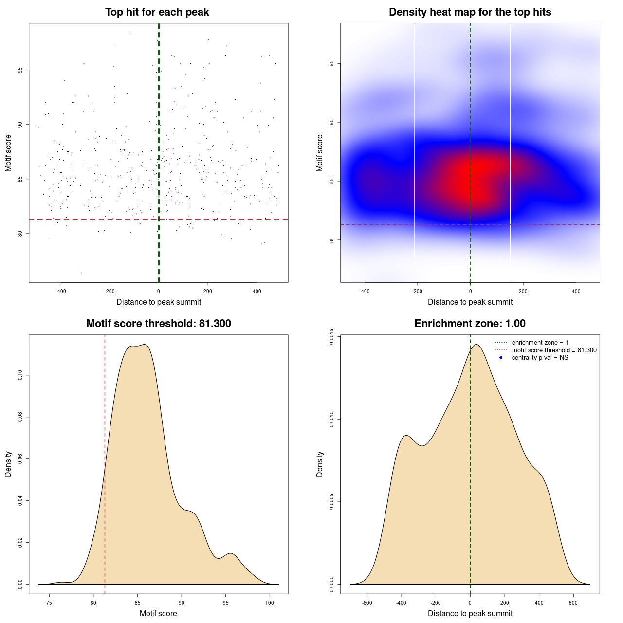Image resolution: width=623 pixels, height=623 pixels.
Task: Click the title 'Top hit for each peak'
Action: tap(157, 12)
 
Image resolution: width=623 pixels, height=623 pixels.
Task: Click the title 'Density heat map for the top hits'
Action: tap(470, 12)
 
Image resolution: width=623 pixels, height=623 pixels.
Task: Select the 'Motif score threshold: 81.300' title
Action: tap(158, 324)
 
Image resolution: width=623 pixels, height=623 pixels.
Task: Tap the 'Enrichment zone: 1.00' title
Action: tap(470, 324)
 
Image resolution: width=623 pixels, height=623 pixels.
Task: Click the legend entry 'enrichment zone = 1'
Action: tap(540, 343)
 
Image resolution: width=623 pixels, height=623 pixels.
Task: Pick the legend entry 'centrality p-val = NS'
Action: tap(540, 358)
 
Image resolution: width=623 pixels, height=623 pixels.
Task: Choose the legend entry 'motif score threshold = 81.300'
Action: tap(554, 350)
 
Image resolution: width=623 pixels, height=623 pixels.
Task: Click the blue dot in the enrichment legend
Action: tap(500, 358)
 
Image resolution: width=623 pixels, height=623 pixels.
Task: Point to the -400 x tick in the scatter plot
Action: tap(61, 291)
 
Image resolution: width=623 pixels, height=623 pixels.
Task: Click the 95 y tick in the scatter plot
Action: tap(20, 70)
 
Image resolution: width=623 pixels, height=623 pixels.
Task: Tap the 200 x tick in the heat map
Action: tap(523, 291)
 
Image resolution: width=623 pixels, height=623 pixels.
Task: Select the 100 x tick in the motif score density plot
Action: tap(270, 603)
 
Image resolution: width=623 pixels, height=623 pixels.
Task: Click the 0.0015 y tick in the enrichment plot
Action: tap(332, 336)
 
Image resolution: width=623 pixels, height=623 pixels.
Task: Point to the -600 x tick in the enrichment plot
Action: tap(367, 603)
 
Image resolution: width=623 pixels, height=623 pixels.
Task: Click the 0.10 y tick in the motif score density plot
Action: tap(20, 375)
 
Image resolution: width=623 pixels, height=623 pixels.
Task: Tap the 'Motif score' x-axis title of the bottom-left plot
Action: tap(158, 613)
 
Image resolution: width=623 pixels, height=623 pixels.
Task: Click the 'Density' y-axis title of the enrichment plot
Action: tap(320, 464)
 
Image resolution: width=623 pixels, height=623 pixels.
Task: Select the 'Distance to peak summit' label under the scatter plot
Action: tap(158, 302)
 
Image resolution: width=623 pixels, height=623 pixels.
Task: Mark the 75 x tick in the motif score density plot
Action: tap(49, 603)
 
